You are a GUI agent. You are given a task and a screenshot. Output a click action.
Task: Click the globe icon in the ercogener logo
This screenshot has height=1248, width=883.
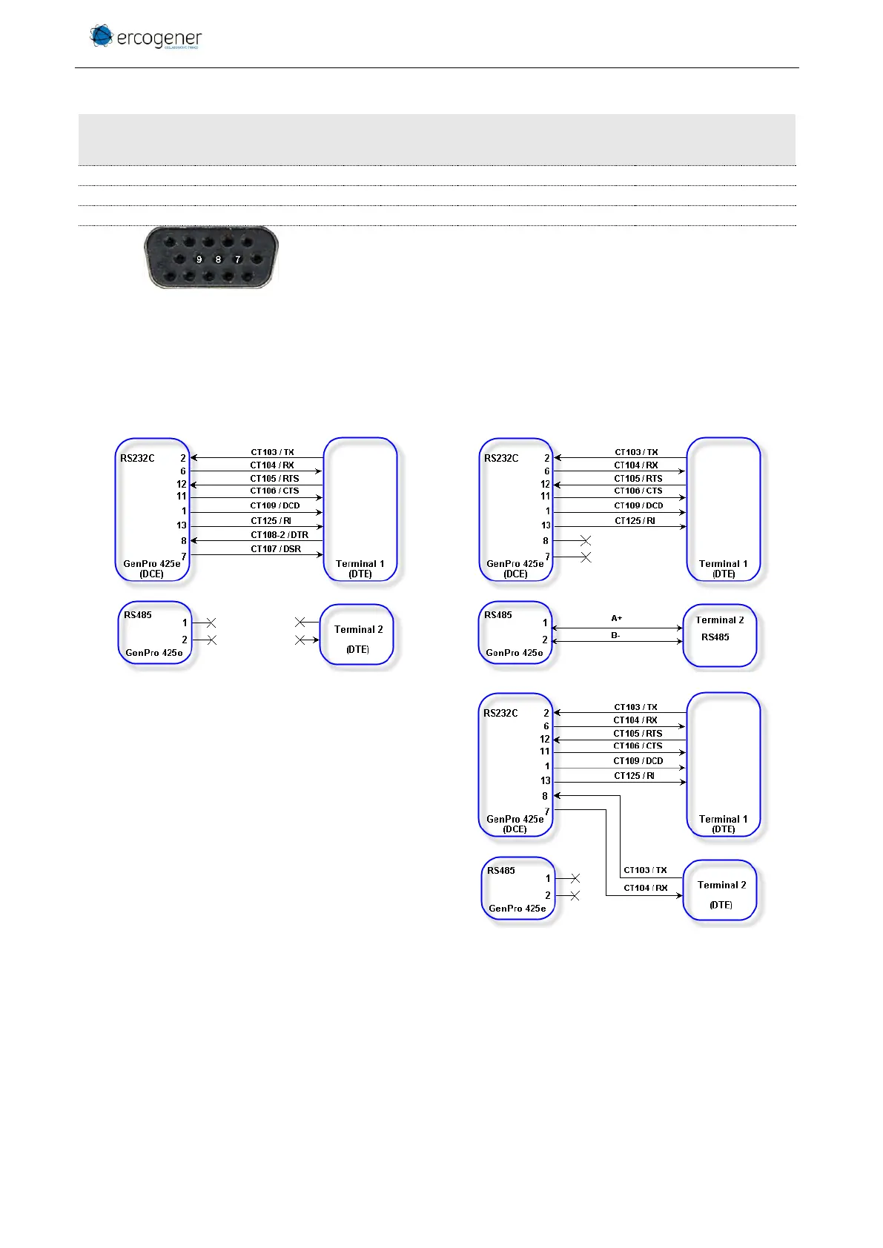pos(101,36)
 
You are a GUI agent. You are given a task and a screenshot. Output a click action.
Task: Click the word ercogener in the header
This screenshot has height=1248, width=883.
pos(159,39)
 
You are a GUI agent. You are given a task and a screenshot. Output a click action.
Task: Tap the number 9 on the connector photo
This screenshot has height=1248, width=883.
pos(199,259)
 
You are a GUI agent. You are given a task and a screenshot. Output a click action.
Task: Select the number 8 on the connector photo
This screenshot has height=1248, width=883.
pos(218,259)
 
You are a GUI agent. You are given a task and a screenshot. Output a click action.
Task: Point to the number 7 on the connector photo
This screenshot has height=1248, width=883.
pos(237,259)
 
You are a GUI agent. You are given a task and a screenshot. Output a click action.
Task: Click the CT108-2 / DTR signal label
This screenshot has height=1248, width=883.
pos(279,534)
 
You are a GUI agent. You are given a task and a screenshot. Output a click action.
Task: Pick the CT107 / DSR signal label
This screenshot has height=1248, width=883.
pos(275,549)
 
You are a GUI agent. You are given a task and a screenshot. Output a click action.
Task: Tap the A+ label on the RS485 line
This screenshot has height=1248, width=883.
pos(616,618)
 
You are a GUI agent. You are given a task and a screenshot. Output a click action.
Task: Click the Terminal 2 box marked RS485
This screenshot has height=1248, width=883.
pos(719,636)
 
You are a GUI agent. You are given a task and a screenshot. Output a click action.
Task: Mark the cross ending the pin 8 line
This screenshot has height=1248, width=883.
pos(585,541)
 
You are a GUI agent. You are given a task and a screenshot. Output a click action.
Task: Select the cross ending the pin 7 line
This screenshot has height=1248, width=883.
pos(585,557)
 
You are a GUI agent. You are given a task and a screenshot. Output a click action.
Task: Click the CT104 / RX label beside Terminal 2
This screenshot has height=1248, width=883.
pos(645,888)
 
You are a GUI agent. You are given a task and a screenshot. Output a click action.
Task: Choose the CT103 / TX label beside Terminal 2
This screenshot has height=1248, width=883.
pos(645,870)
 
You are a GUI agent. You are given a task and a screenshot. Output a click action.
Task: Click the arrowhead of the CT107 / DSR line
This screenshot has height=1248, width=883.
pos(320,555)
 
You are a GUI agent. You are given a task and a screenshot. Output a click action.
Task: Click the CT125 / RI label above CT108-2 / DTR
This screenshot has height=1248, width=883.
pos(271,521)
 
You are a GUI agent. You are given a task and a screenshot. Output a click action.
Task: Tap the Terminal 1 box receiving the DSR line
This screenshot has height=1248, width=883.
pos(360,509)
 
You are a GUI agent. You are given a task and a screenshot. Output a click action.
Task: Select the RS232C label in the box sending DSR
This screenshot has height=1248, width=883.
pos(137,458)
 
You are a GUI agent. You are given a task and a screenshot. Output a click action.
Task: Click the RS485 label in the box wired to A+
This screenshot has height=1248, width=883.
pos(497,614)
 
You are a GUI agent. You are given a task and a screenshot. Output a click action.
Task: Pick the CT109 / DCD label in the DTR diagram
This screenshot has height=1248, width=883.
pos(274,505)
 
